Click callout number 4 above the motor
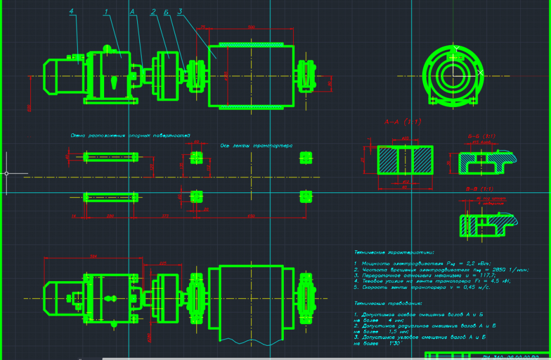click(72, 11)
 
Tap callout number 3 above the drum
click(180, 11)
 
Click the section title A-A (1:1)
click(402, 122)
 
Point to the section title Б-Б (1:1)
click(480, 136)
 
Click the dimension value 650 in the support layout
click(251, 216)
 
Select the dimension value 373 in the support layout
click(165, 216)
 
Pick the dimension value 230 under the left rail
click(110, 216)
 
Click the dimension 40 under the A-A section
click(404, 187)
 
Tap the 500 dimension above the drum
click(251, 26)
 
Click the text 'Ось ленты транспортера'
click(256, 146)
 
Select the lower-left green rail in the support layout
click(110, 197)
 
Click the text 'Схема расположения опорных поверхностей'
click(130, 135)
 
